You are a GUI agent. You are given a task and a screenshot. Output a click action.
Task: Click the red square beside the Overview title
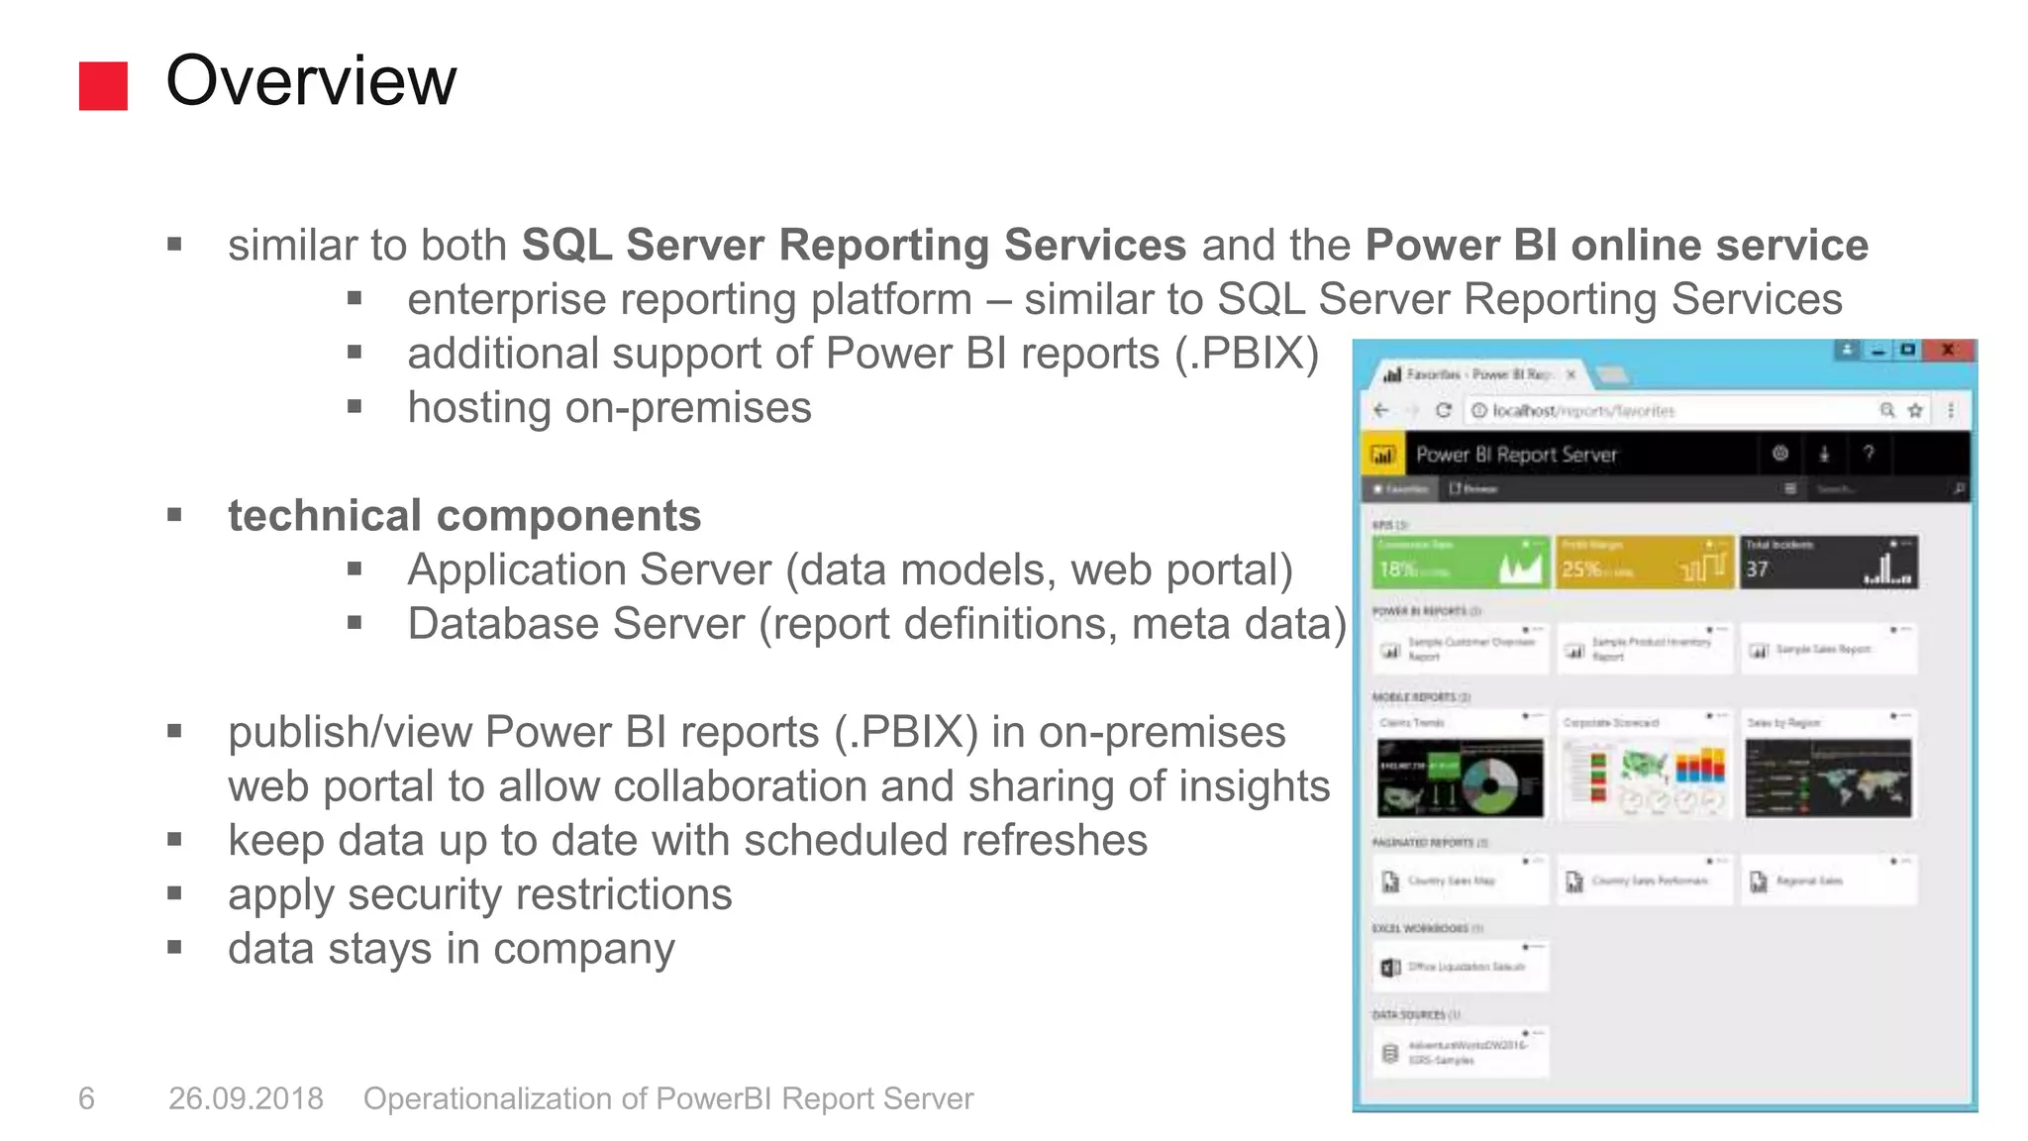[x=103, y=86]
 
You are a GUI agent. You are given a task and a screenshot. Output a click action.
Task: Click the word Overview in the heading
[x=311, y=81]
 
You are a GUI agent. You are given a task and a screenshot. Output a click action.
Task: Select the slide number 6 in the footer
[x=86, y=1098]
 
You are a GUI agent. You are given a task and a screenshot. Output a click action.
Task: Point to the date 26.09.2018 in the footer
[x=246, y=1098]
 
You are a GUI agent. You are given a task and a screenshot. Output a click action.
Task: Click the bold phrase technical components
[x=464, y=516]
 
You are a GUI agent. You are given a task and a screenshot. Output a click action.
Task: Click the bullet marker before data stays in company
[x=175, y=948]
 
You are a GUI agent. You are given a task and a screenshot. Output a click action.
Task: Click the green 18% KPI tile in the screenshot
[x=1460, y=563]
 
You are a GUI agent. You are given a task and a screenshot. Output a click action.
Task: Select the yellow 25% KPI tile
[x=1644, y=563]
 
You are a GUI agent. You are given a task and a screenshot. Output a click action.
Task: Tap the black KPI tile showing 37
[x=1828, y=563]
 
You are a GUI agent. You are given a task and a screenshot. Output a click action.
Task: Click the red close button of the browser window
[x=1948, y=350]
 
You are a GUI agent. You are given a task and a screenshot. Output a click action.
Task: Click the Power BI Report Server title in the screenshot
[x=1516, y=455]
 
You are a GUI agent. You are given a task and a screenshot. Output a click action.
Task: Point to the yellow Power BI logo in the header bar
[x=1382, y=455]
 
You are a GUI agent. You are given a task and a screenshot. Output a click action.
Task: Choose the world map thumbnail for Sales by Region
[x=1828, y=778]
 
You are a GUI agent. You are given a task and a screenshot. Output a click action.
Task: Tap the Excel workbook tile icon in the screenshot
[x=1390, y=967]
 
